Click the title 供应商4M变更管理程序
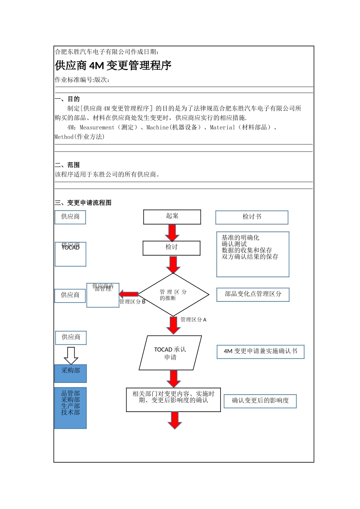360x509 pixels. pyautogui.click(x=113, y=66)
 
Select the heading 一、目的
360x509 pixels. pyautogui.click(x=67, y=99)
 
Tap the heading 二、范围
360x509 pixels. pyautogui.click(x=67, y=165)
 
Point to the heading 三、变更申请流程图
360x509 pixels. pyautogui.click(x=83, y=203)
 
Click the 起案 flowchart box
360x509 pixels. pyautogui.click(x=172, y=217)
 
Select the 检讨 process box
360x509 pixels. pyautogui.click(x=171, y=248)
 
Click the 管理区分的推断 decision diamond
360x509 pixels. pyautogui.click(x=173, y=295)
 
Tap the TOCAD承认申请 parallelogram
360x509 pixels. pyautogui.click(x=170, y=353)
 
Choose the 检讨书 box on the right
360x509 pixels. pyautogui.click(x=252, y=217)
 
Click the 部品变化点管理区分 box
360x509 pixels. pyautogui.click(x=253, y=294)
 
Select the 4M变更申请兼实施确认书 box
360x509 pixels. pyautogui.click(x=260, y=351)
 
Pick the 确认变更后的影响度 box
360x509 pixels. pyautogui.click(x=260, y=401)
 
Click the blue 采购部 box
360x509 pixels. pyautogui.click(x=70, y=373)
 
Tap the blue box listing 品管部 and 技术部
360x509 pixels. pyautogui.click(x=70, y=408)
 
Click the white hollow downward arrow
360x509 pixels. pyautogui.click(x=71, y=355)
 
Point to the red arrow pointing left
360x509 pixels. pyautogui.click(x=128, y=294)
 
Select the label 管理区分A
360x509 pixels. pyautogui.click(x=193, y=320)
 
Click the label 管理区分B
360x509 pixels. pyautogui.click(x=132, y=302)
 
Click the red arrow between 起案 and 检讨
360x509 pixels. pyautogui.click(x=172, y=233)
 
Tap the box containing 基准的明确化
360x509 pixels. pyautogui.click(x=253, y=254)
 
